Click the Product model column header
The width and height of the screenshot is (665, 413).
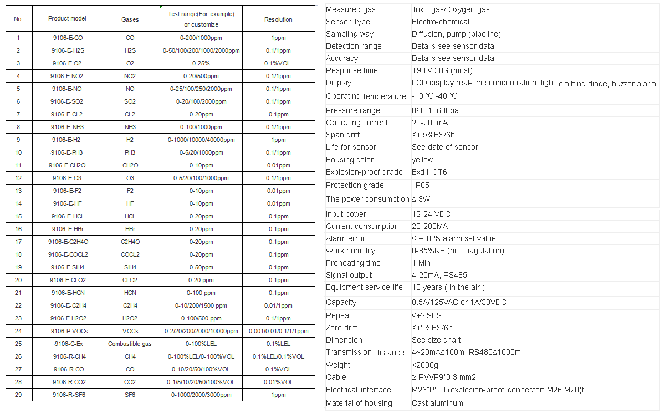67,18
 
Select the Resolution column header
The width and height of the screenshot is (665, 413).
278,19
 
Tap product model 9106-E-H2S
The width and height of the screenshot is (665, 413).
67,50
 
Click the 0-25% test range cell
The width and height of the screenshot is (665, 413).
201,63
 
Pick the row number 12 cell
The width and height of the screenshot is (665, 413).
18,178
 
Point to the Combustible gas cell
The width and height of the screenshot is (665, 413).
130,344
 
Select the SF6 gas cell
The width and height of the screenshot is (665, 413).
130,395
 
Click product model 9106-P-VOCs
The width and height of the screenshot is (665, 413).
67,331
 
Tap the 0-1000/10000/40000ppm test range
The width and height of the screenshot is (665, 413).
201,140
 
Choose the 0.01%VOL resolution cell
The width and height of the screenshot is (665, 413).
278,382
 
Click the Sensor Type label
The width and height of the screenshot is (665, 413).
347,22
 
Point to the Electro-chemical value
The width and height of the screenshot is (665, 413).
440,22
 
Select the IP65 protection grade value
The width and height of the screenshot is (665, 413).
421,185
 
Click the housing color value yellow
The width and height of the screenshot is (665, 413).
422,160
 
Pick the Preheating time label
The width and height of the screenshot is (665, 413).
353,263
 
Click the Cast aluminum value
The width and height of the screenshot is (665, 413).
437,403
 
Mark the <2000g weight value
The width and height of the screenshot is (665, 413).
424,365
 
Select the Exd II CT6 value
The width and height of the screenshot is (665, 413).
429,172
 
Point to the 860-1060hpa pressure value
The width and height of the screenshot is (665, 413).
435,110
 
